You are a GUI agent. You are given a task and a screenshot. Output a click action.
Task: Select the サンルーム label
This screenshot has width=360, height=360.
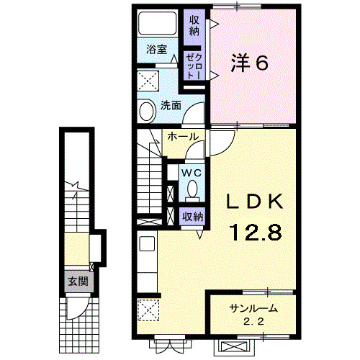pyautogui.click(x=253, y=309)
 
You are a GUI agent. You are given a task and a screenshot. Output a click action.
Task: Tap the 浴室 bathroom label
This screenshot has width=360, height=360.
pyautogui.click(x=156, y=50)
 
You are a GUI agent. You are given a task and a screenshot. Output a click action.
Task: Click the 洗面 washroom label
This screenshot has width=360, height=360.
pyautogui.click(x=170, y=104)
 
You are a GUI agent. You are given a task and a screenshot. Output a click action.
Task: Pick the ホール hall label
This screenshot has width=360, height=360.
pyautogui.click(x=183, y=136)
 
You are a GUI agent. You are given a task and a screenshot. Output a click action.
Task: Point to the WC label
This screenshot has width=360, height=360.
pyautogui.click(x=191, y=174)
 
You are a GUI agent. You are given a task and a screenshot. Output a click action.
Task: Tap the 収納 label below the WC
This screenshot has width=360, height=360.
pyautogui.click(x=192, y=215)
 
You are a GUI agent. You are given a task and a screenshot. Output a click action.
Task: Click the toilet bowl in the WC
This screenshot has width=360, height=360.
pyautogui.click(x=192, y=190)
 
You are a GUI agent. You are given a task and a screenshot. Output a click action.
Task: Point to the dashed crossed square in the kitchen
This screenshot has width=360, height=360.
pyautogui.click(x=149, y=311)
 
